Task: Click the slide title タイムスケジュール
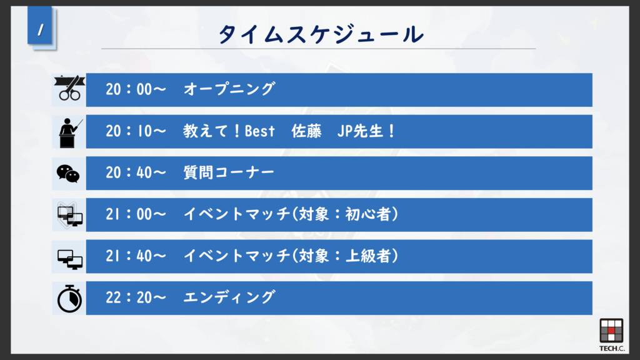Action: [x=321, y=34]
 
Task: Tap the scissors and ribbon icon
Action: [x=69, y=87]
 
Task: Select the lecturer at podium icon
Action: [x=70, y=132]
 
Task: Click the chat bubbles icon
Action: [x=68, y=174]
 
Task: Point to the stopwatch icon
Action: [x=69, y=298]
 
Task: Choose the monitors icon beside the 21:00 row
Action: [x=70, y=216]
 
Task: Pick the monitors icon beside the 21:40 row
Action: [x=70, y=259]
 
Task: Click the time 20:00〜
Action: [x=136, y=89]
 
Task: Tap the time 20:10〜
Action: [x=136, y=131]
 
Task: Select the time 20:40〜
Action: [x=136, y=172]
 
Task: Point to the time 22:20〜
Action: [x=136, y=297]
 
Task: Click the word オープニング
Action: [x=229, y=89]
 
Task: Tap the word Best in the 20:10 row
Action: [x=259, y=131]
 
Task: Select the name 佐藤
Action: [x=306, y=131]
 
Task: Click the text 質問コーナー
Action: [x=229, y=172]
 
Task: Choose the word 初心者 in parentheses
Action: [x=368, y=214]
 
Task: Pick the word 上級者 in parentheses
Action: [x=368, y=256]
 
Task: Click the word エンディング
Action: [x=229, y=297]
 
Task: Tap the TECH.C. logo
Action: [x=611, y=335]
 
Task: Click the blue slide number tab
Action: [x=40, y=25]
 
